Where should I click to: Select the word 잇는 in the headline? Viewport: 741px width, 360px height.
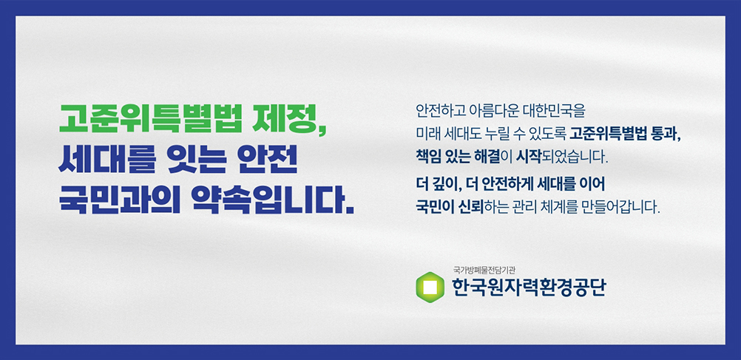(x=191, y=161)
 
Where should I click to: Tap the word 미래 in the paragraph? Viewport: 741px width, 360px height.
(x=427, y=135)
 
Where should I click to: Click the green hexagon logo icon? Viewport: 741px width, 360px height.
(x=430, y=288)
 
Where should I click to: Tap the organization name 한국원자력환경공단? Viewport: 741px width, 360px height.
(x=528, y=288)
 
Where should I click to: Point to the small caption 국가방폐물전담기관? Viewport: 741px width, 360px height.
(x=484, y=271)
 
